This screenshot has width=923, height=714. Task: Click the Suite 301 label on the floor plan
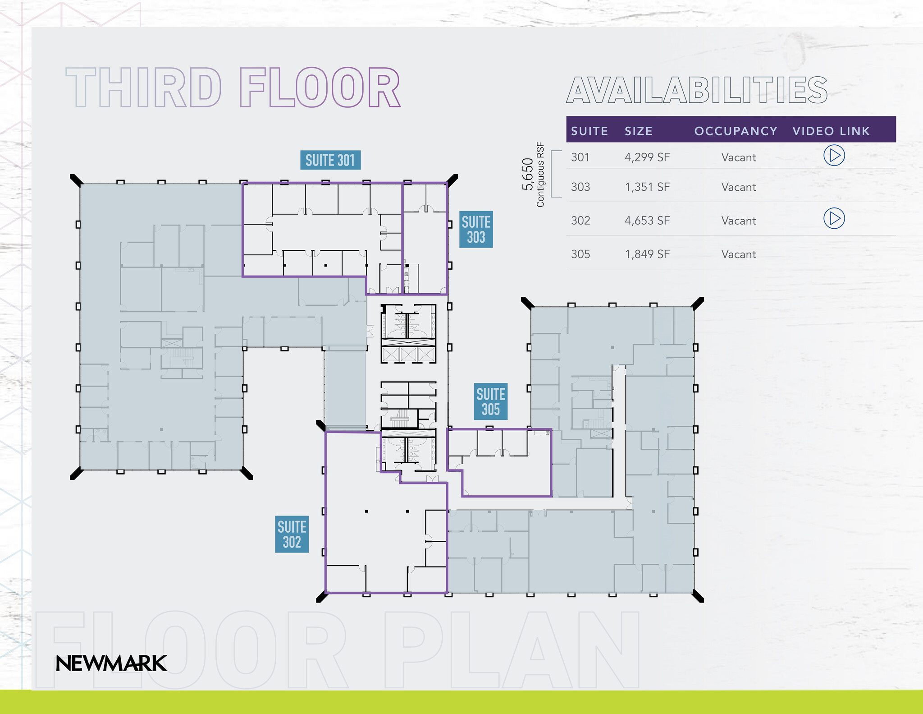[x=330, y=160]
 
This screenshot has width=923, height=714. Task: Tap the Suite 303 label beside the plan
[x=476, y=229]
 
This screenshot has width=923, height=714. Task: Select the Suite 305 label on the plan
[x=491, y=401]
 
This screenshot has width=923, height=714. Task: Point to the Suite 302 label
[x=292, y=534]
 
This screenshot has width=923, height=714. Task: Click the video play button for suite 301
[x=834, y=155]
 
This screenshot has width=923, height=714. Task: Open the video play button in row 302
[x=834, y=218]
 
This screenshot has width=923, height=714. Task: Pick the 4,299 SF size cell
[x=647, y=157]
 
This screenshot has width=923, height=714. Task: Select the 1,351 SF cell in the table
[x=647, y=187]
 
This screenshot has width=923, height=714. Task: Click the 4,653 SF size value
[x=647, y=221]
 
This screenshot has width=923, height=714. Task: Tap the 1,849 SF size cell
[x=647, y=254]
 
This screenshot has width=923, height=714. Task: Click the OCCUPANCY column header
[x=736, y=131]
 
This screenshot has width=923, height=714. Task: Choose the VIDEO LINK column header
[x=831, y=131]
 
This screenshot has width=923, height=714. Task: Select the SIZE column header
[x=639, y=131]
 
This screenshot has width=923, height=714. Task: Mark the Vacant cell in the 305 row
[x=738, y=254]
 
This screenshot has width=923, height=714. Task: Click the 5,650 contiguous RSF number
[x=528, y=175]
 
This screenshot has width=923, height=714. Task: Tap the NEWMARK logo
[x=111, y=663]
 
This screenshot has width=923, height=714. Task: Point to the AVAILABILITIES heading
[x=697, y=90]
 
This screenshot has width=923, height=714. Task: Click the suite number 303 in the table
[x=580, y=187]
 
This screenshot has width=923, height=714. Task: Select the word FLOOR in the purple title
[x=320, y=88]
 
